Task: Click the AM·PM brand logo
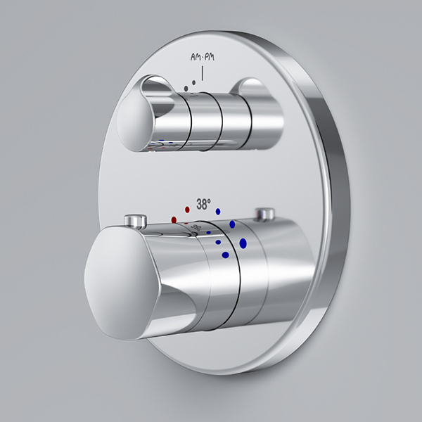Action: [x=203, y=57]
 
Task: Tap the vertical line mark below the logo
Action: [x=203, y=72]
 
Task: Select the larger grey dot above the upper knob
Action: [x=186, y=89]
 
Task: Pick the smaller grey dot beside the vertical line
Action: [x=194, y=82]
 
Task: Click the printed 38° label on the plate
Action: [x=203, y=204]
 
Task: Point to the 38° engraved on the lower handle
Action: [x=196, y=228]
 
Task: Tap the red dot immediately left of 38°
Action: [x=187, y=210]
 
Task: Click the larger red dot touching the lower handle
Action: [x=174, y=220]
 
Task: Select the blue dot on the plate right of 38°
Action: [x=218, y=212]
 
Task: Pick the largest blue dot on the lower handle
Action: [x=243, y=243]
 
